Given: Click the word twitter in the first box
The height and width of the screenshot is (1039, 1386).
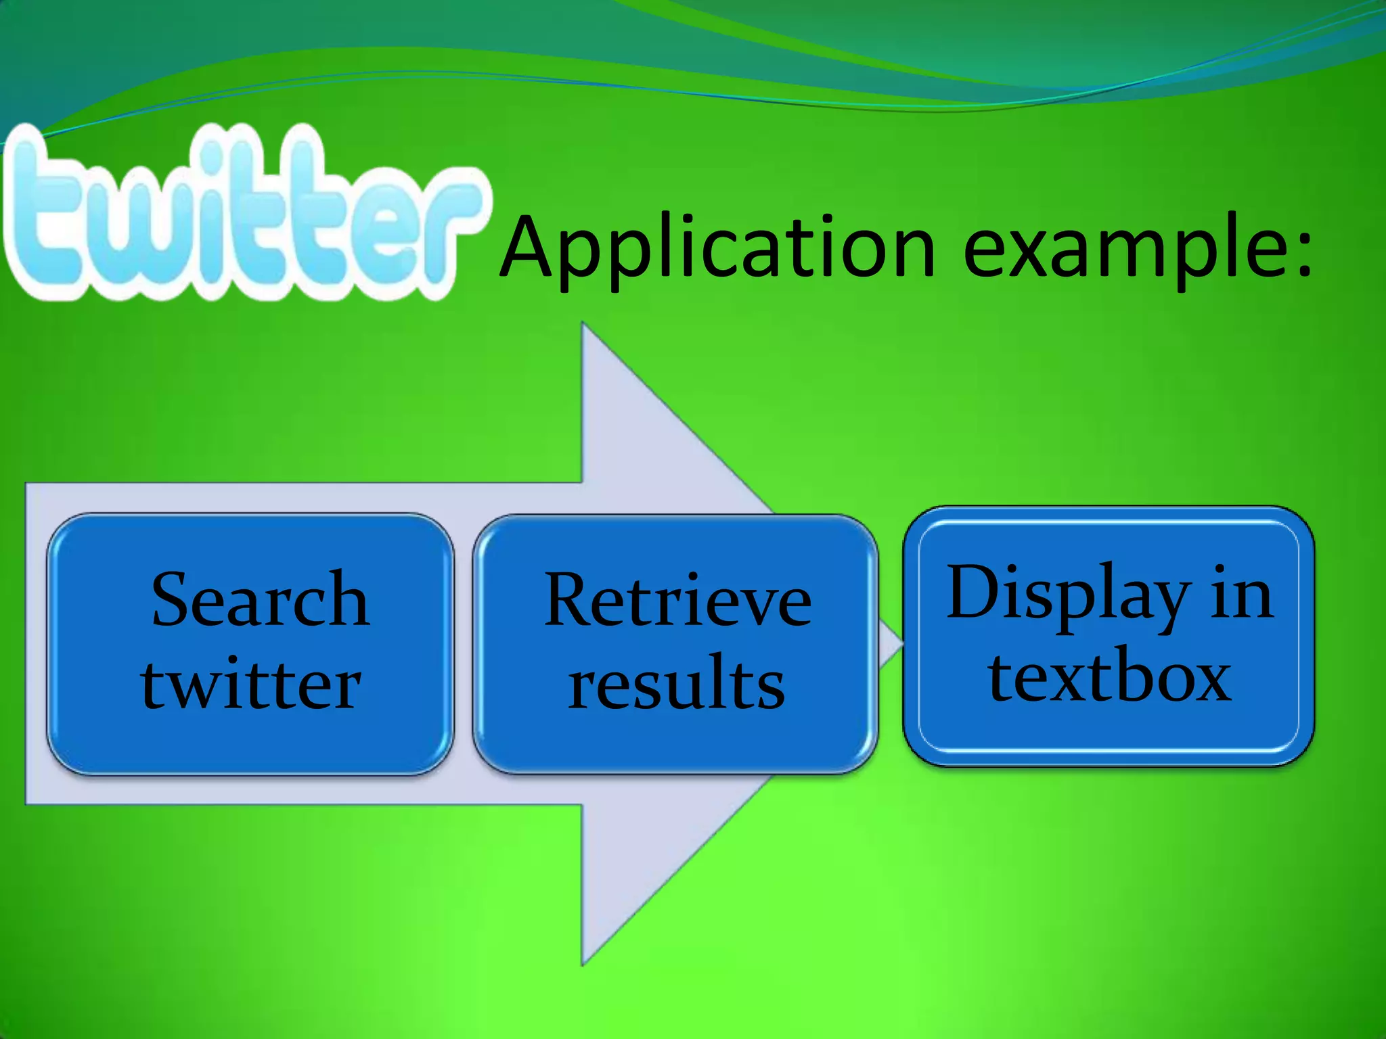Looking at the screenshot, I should point(251,683).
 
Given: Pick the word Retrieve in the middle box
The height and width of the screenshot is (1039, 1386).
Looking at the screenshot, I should point(677,601).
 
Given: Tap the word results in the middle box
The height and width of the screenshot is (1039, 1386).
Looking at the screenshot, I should point(676,683).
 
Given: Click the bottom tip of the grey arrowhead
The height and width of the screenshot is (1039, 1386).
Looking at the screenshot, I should point(583,963).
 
